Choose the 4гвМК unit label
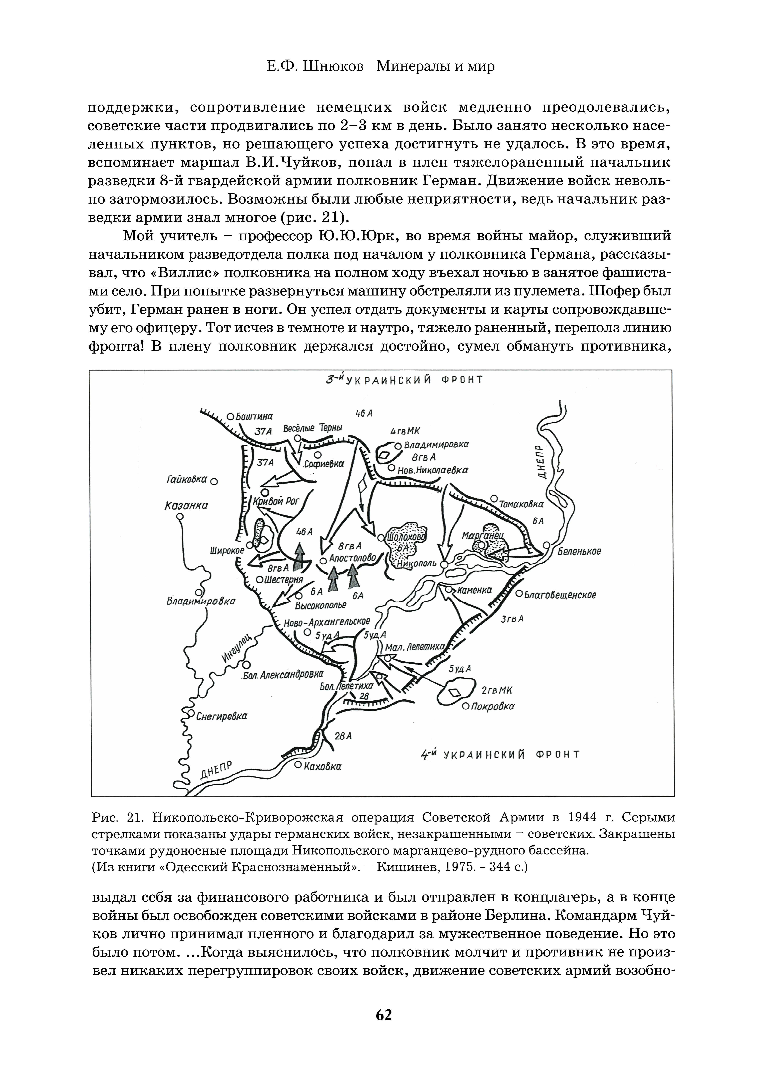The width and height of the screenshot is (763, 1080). [405, 431]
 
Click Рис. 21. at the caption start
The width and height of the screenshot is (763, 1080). [118, 817]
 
